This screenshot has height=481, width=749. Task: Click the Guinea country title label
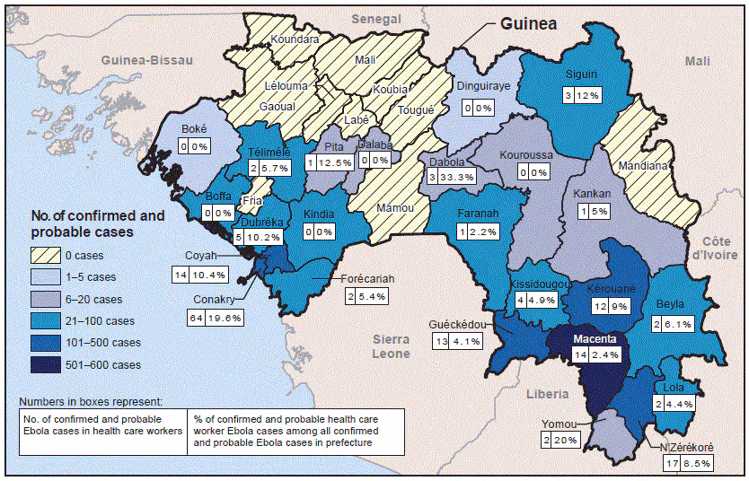click(529, 24)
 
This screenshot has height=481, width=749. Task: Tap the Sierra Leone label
click(390, 346)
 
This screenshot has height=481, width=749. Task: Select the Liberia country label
click(547, 394)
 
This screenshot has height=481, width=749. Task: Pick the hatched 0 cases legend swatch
click(48, 254)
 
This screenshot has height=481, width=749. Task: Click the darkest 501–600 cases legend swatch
click(48, 364)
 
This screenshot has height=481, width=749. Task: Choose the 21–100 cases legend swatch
click(48, 320)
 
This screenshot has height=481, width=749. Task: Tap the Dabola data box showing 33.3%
click(448, 178)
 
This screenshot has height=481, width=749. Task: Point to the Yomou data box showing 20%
click(560, 440)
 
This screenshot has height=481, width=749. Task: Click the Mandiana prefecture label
click(642, 166)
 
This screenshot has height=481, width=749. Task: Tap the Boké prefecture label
click(194, 128)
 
